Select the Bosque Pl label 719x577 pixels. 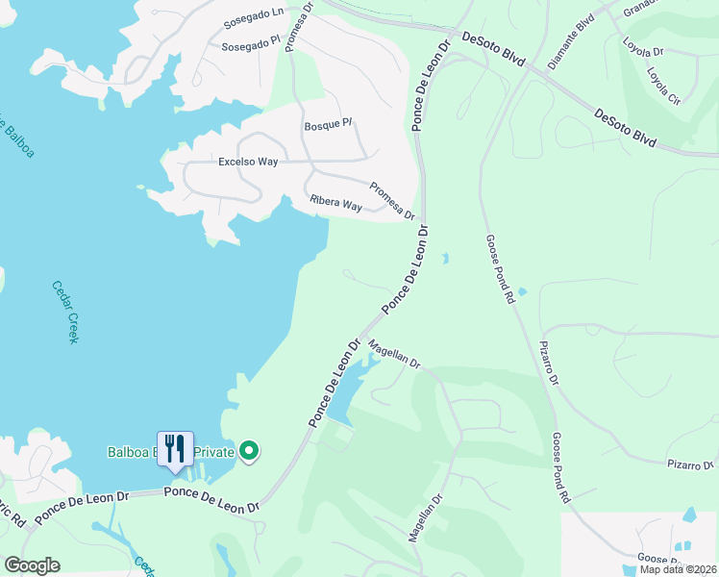329,126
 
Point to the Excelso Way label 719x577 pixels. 248,162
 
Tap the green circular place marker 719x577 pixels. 249,451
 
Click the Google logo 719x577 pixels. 32,565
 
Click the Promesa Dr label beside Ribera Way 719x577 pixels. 392,201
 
